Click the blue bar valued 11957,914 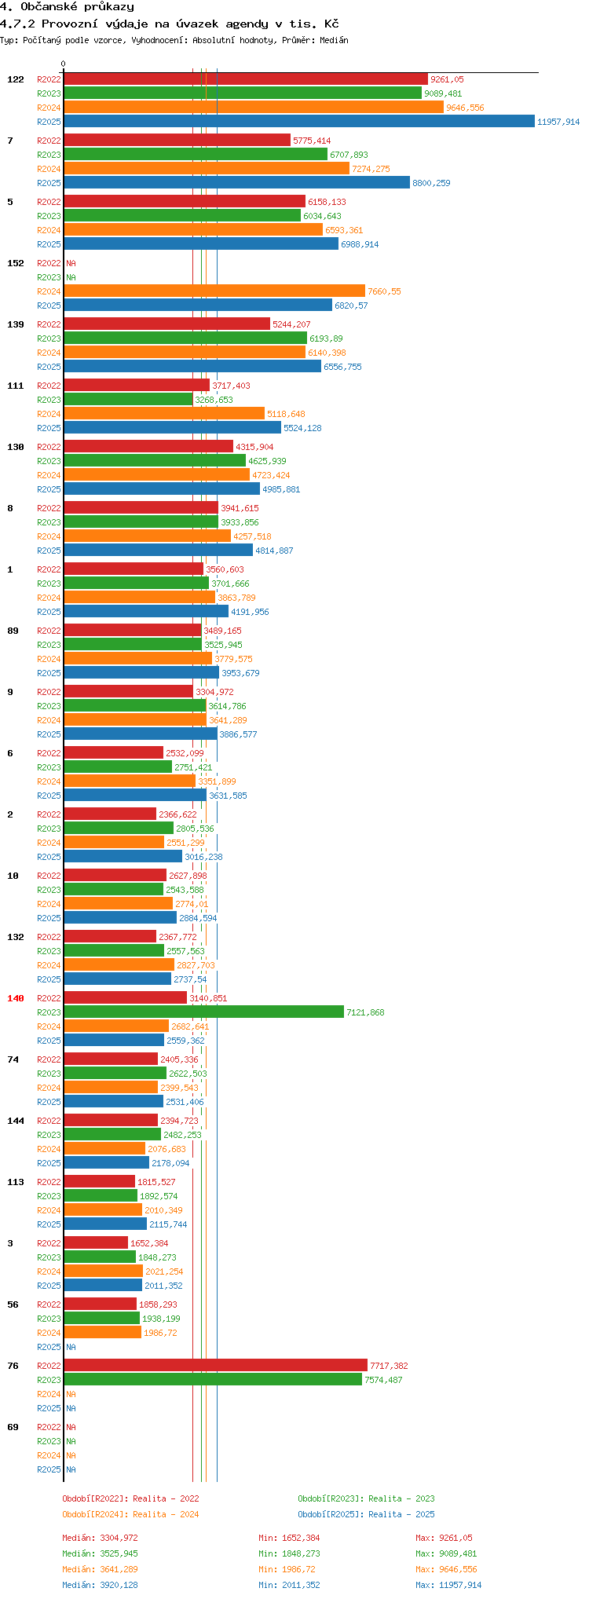298,122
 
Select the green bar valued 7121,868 203,1012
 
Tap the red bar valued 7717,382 215,1366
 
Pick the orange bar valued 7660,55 214,291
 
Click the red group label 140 16,998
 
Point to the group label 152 16,263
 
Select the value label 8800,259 431,183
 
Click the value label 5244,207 291,324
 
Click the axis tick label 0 64,64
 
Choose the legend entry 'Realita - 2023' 366,1498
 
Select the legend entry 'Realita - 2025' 366,1514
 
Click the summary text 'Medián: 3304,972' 100,1538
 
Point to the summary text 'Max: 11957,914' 448,1585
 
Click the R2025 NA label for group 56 71,1347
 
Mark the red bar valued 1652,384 95,1243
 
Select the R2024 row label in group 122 49,108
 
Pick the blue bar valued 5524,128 172,428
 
